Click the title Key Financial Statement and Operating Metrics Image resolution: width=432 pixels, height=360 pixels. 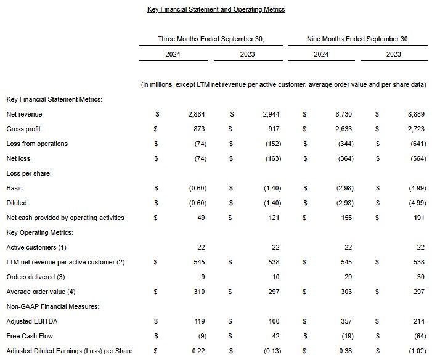(216, 10)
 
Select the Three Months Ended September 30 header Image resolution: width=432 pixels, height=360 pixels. (211, 39)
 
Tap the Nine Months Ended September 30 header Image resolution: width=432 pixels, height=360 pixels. (357, 39)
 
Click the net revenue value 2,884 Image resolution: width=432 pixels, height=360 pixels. (197, 115)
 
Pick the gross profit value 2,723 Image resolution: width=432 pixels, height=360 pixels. (415, 129)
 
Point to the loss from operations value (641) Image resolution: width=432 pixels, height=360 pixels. (415, 144)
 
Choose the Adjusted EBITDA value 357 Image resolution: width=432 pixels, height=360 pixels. (348, 322)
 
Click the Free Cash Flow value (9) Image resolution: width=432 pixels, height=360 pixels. (200, 337)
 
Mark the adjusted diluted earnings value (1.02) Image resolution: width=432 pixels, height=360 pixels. (415, 351)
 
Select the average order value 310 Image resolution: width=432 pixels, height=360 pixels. (199, 292)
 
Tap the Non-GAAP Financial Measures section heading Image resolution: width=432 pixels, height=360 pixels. (52, 307)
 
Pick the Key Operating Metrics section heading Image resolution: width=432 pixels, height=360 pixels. (39, 233)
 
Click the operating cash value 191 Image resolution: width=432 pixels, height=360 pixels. (419, 218)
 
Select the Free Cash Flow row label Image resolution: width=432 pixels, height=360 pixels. (29, 337)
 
